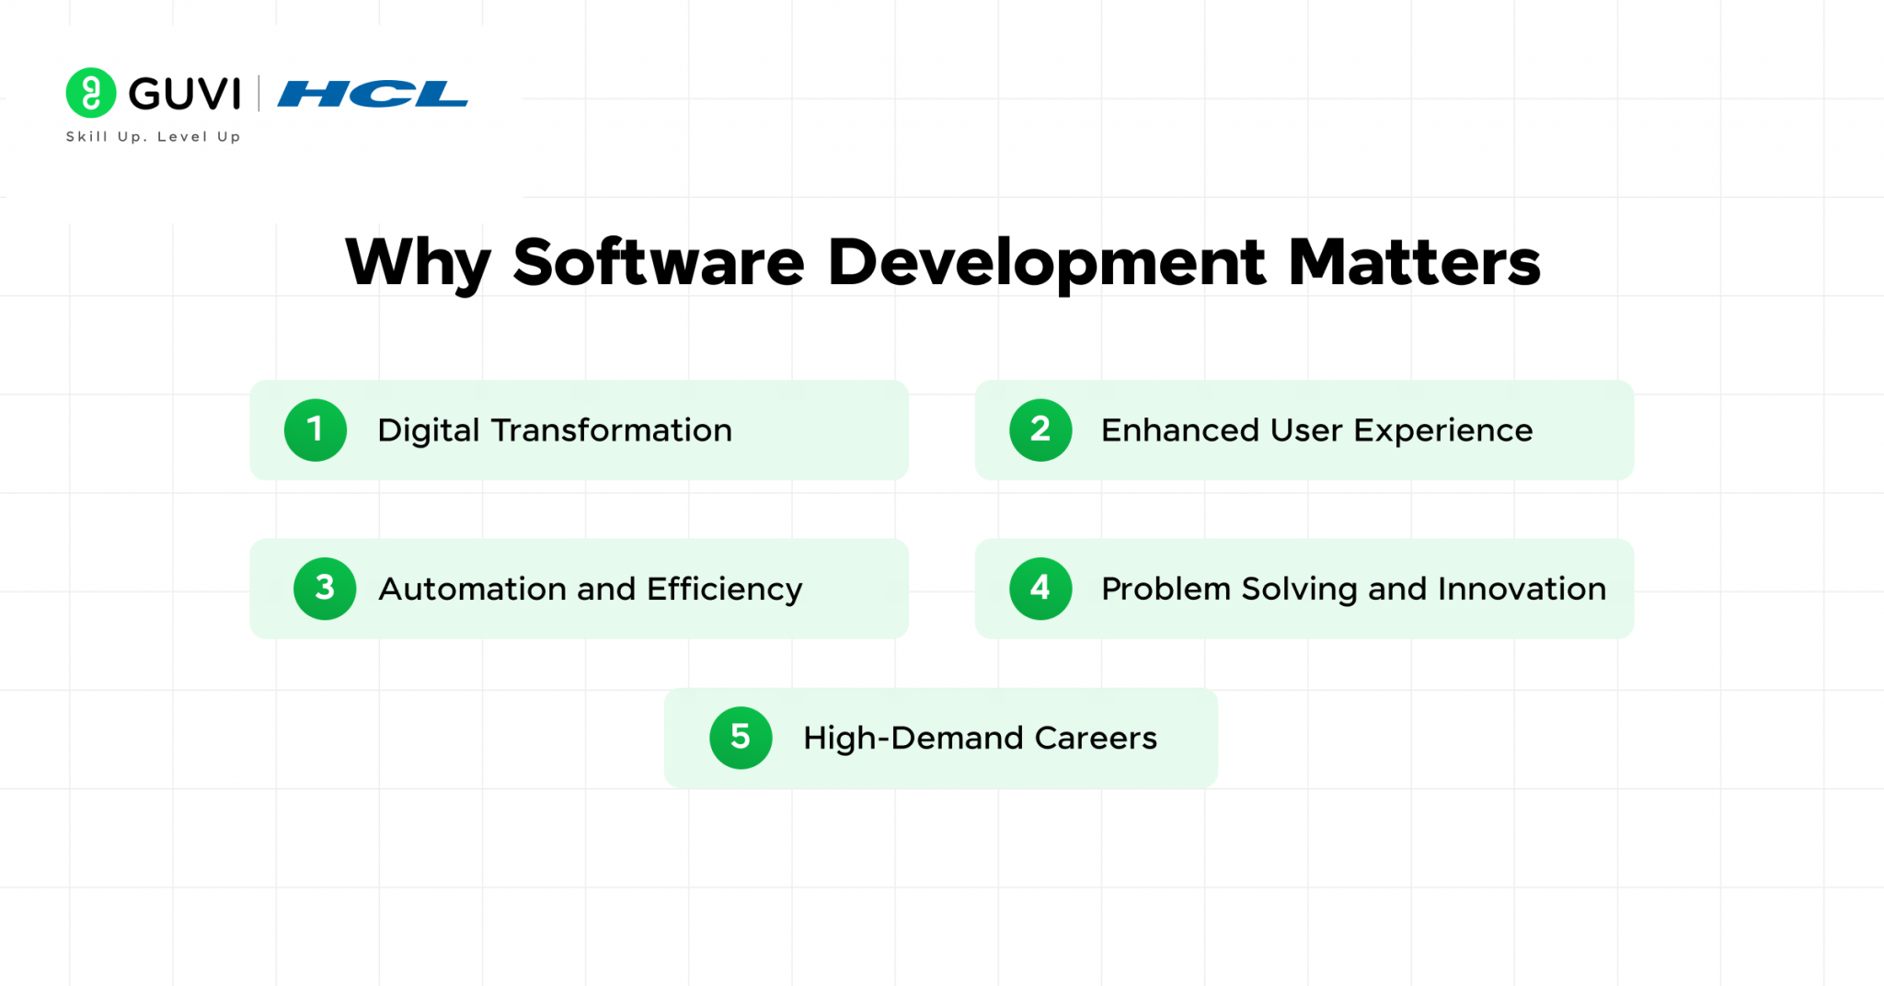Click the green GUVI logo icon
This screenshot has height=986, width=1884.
point(91,93)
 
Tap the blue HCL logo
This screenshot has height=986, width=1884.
point(373,94)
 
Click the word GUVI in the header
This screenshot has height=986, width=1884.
point(184,94)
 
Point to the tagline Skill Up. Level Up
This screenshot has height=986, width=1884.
point(153,136)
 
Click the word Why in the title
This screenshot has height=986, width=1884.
point(418,264)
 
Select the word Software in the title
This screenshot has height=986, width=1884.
point(659,263)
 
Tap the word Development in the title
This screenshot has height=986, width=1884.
point(1046,263)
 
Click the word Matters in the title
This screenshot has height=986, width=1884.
point(1414,263)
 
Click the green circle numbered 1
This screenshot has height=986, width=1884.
point(316,430)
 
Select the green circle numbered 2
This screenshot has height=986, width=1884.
point(1040,430)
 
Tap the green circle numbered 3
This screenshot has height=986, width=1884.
point(325,589)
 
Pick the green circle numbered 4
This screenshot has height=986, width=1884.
point(1040,589)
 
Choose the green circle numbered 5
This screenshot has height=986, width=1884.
point(741,738)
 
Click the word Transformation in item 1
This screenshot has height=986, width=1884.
point(611,430)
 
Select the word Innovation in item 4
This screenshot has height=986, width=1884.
point(1522,590)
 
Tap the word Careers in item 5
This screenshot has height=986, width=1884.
point(1095,739)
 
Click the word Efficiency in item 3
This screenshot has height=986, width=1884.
point(724,590)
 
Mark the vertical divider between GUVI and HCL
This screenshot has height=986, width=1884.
point(258,94)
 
